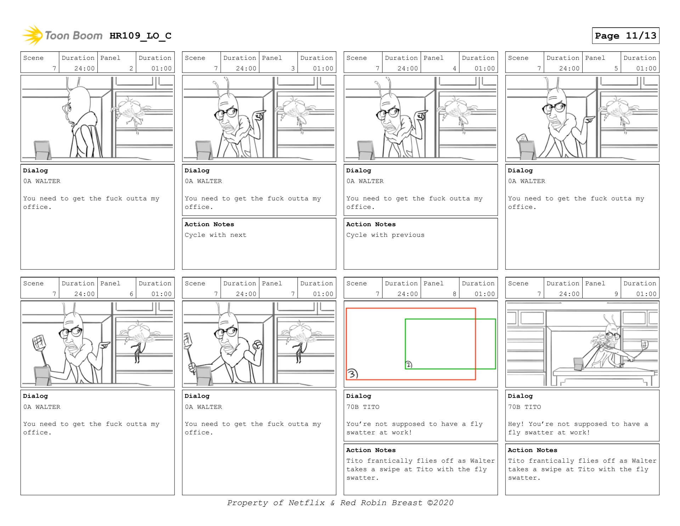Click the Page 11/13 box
click(625, 35)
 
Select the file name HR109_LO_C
click(140, 36)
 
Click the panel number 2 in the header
click(131, 68)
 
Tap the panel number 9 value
click(616, 294)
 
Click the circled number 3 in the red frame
click(352, 374)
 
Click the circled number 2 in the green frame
click(409, 365)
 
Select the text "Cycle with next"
click(215, 235)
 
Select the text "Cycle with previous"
click(385, 235)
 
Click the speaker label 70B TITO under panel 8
click(363, 407)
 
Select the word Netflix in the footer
click(306, 503)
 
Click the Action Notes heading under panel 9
click(532, 450)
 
